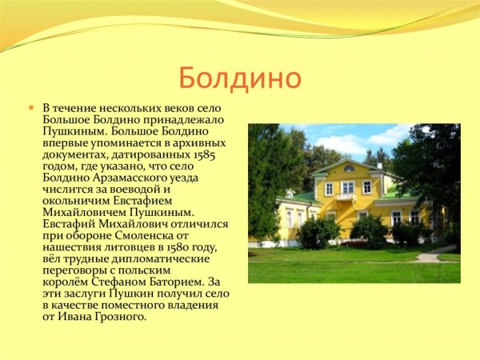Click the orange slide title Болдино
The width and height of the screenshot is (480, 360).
(239, 78)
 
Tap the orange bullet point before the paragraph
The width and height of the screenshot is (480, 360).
(32, 107)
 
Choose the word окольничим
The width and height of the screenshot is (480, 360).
(81, 201)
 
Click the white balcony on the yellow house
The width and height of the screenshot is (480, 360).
(346, 196)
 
